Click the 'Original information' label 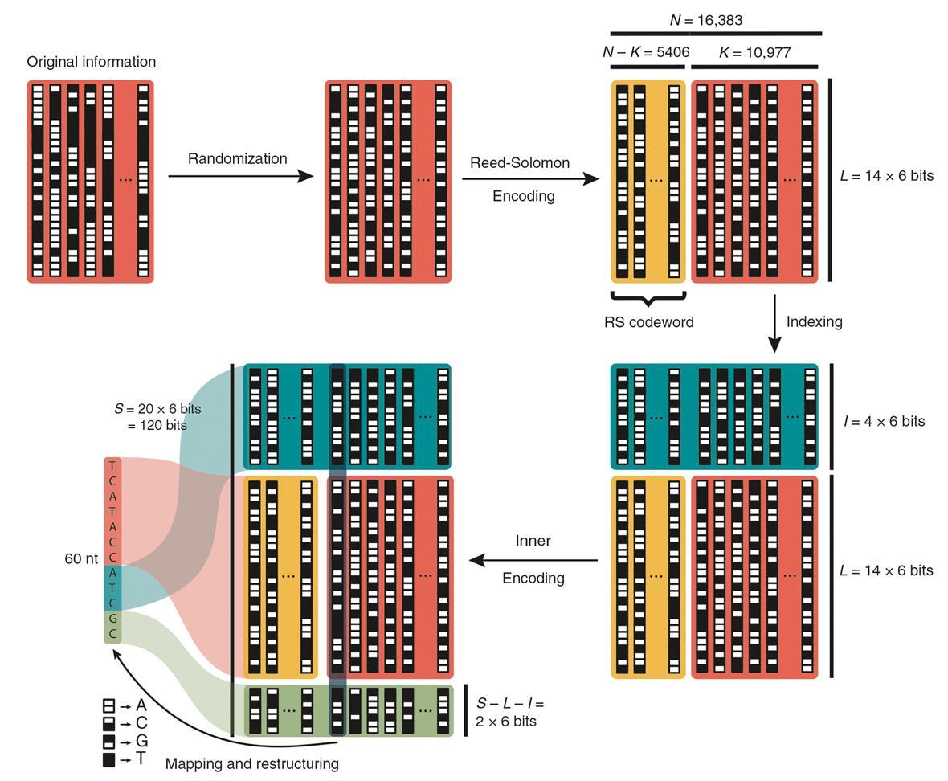[x=91, y=62]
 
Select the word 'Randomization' [x=237, y=158]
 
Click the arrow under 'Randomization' [x=240, y=176]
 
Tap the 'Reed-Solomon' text [x=520, y=162]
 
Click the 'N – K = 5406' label [x=646, y=52]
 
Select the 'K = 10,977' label [x=754, y=52]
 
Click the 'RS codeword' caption [x=648, y=322]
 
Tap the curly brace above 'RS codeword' [x=648, y=299]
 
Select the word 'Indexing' [x=814, y=321]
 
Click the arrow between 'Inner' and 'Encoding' [x=533, y=560]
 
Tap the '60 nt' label [x=81, y=558]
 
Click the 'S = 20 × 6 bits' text [x=157, y=408]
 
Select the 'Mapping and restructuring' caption [x=251, y=763]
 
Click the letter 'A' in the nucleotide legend [x=141, y=705]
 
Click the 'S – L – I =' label [x=510, y=703]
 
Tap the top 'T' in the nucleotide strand [x=112, y=465]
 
